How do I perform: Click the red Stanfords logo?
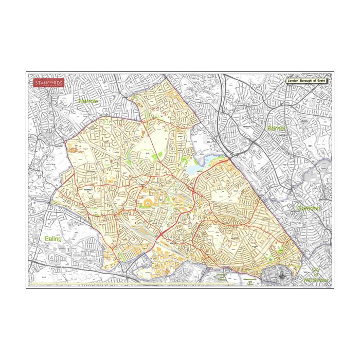(x=49, y=83)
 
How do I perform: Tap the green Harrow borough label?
(x=88, y=101)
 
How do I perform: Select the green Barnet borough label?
(x=276, y=127)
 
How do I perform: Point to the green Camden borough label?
(x=309, y=208)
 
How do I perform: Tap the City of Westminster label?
(x=318, y=275)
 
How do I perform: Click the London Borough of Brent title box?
(x=307, y=81)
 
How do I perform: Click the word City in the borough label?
(x=316, y=270)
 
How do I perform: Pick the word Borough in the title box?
(x=307, y=81)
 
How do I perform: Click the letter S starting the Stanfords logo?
(x=36, y=82)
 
